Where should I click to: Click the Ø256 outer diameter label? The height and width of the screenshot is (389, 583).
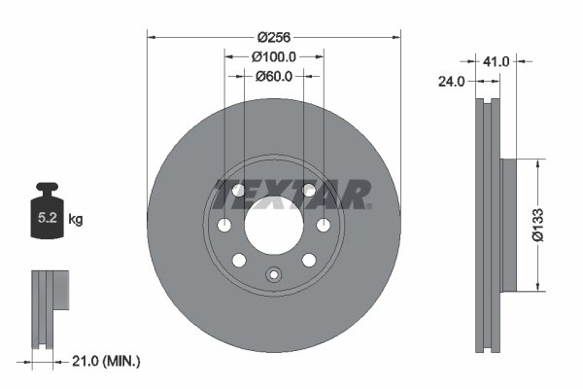pos(273,37)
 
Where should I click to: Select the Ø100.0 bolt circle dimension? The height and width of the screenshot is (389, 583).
pos(273,57)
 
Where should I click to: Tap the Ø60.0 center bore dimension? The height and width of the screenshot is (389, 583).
pos(273,77)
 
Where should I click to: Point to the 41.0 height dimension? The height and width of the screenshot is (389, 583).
pos(497,61)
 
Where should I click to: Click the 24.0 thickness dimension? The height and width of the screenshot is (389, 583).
pos(451,83)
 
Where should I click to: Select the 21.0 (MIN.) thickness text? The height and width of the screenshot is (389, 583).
pos(107,361)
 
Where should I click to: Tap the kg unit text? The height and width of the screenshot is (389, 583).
pos(76,220)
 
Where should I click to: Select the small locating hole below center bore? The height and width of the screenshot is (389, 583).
pos(273,274)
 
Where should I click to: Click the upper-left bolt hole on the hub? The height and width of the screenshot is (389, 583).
pos(239,191)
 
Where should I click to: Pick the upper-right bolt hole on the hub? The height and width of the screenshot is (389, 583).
pos(308,191)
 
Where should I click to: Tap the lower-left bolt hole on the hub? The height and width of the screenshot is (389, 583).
pos(239,260)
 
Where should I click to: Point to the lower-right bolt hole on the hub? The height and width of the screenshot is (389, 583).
pos(308,260)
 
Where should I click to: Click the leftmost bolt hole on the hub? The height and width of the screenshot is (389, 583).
pos(224,226)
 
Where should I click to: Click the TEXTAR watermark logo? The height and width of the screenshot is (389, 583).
pos(291,194)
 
